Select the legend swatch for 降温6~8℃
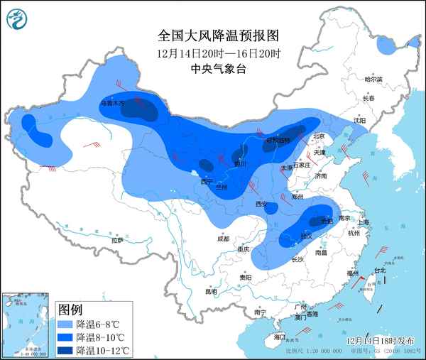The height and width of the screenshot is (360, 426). [66, 323]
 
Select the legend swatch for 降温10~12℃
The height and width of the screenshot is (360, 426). [66, 350]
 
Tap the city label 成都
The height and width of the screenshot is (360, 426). [223, 239]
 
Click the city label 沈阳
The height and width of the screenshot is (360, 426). [360, 121]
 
